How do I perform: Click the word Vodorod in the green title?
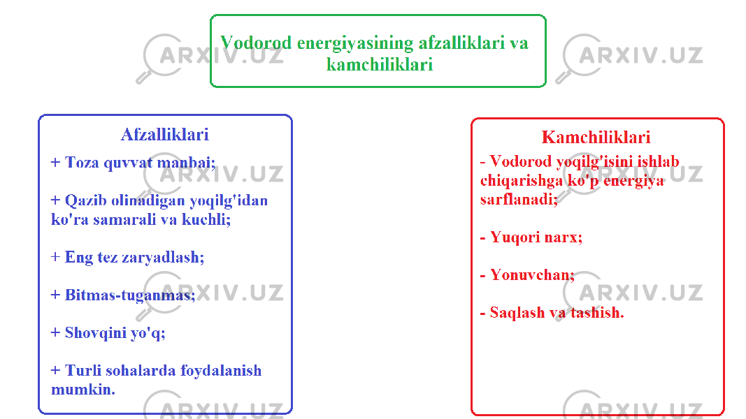(x=256, y=43)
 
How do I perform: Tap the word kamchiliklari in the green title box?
(x=380, y=65)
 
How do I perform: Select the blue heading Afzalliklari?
(x=164, y=135)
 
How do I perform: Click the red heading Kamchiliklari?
(x=596, y=138)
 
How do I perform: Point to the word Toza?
(x=82, y=163)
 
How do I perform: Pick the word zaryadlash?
(x=163, y=258)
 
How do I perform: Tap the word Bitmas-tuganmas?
(x=130, y=295)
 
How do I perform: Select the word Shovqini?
(x=96, y=333)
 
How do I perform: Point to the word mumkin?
(x=83, y=390)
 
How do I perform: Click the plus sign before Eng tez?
(x=56, y=257)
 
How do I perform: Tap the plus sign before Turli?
(x=56, y=370)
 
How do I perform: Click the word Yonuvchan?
(x=532, y=274)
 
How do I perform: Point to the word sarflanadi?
(x=519, y=200)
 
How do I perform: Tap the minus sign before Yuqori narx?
(x=483, y=237)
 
